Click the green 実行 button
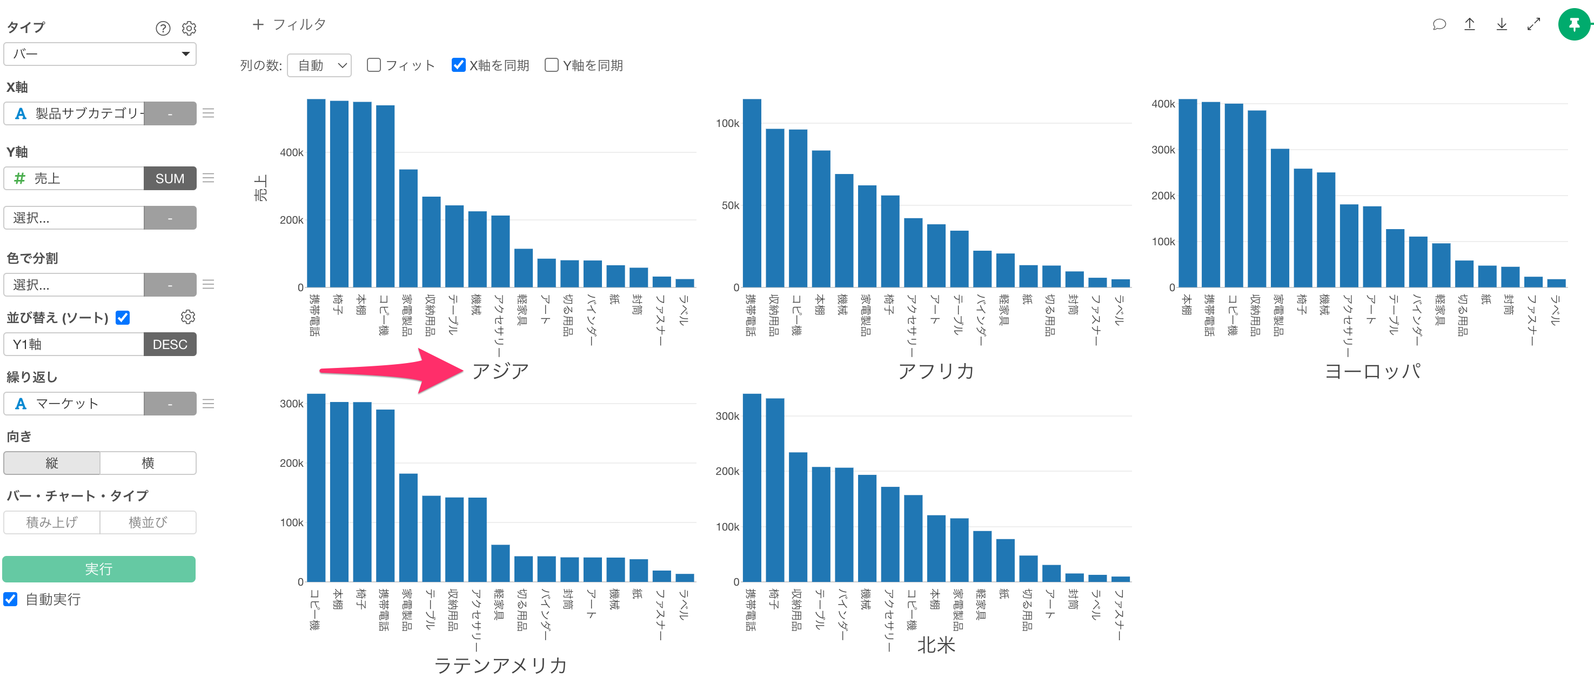point(99,569)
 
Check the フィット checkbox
point(374,65)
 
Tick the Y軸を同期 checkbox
point(551,65)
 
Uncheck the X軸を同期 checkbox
point(459,65)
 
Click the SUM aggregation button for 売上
point(170,178)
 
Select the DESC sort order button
point(170,344)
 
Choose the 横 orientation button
point(148,463)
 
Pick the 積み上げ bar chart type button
point(52,522)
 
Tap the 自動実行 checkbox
point(10,599)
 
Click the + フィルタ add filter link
point(289,24)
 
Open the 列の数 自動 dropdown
point(319,65)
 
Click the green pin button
point(1573,25)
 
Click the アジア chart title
point(500,371)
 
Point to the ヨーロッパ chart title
point(1372,371)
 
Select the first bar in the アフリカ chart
point(752,192)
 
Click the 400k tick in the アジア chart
point(291,152)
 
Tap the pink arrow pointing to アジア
point(396,370)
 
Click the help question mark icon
point(163,29)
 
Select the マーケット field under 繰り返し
point(74,404)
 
